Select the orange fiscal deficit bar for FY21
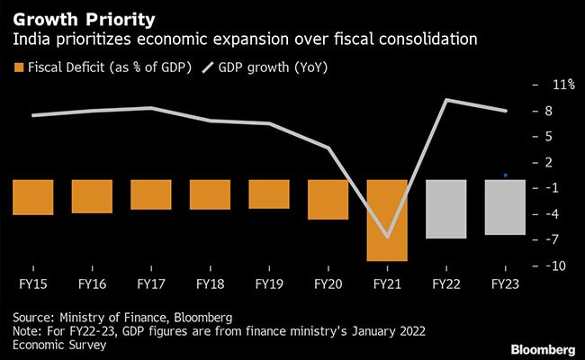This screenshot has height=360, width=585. pos(387,220)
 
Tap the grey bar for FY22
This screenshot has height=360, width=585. pos(445,209)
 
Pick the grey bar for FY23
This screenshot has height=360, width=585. pos(504,207)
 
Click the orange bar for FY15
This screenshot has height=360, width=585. pos(33,197)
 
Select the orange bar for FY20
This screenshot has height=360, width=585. pos(328,199)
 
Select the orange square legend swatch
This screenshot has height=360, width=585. pos(18,66)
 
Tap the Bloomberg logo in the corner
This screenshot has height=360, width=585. pos(544,347)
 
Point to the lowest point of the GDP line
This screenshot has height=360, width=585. pos(387,237)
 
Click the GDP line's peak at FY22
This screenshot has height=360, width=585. pos(446,100)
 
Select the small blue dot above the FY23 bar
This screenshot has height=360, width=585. pos(506,175)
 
